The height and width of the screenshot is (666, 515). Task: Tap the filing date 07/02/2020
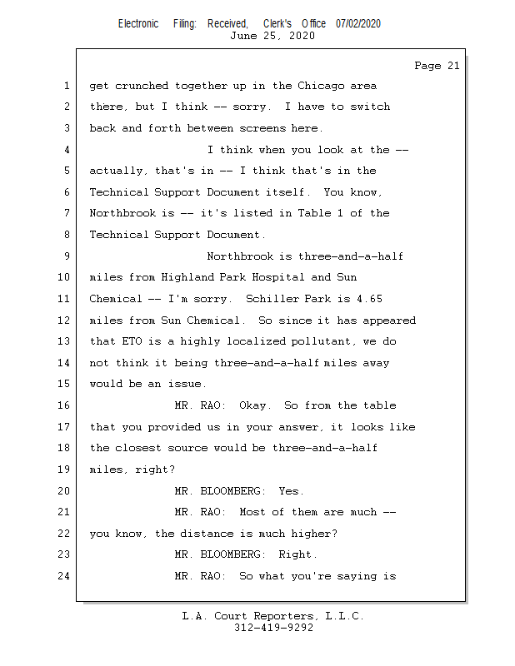pyautogui.click(x=358, y=23)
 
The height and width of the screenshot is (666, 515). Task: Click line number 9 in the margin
pyautogui.click(x=67, y=256)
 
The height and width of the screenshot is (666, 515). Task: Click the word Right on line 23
pyautogui.click(x=297, y=554)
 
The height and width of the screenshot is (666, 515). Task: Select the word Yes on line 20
pyautogui.click(x=290, y=490)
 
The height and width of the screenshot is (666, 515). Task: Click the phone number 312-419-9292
pyautogui.click(x=273, y=628)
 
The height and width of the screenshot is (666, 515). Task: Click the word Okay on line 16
pyautogui.click(x=255, y=405)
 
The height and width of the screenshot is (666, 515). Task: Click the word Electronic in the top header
pyautogui.click(x=138, y=23)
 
